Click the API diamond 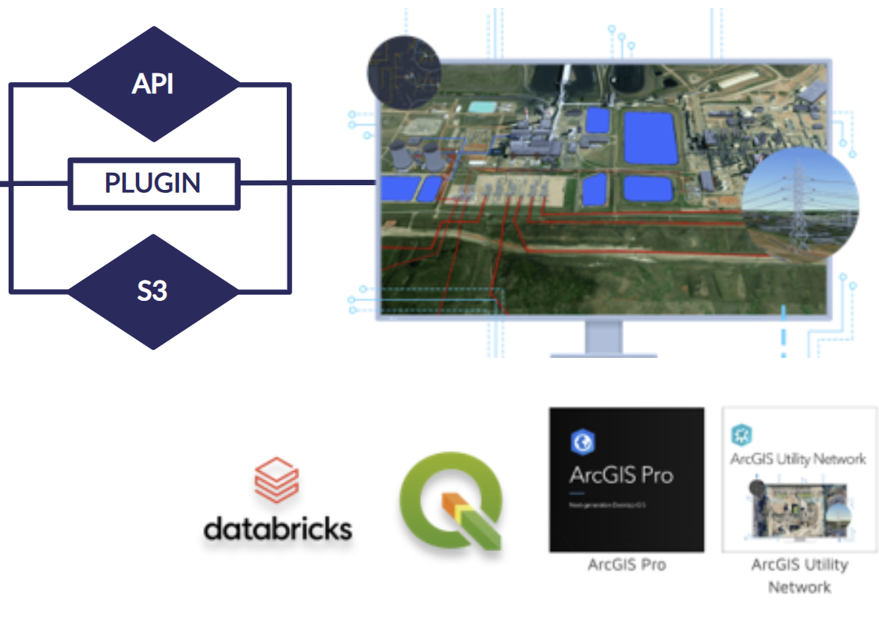(x=153, y=84)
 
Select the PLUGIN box (x=153, y=184)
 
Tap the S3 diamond (x=153, y=292)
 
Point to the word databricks (x=277, y=529)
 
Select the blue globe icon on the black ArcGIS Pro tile (x=582, y=442)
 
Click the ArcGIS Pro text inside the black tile (x=621, y=474)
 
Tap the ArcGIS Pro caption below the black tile (x=626, y=564)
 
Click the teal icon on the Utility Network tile (x=741, y=435)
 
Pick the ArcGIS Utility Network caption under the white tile (x=799, y=574)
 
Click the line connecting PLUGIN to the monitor (x=309, y=184)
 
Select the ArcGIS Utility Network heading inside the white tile (x=798, y=459)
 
